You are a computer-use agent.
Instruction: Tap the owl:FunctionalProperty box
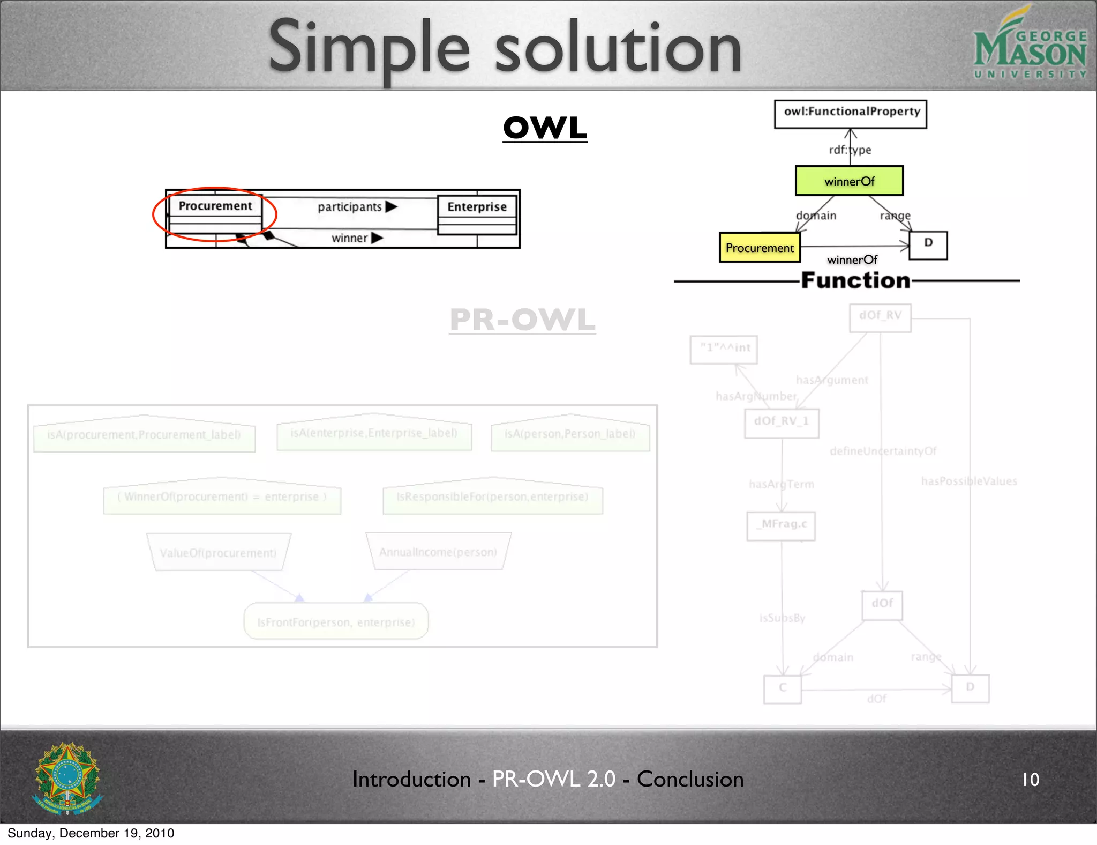850,114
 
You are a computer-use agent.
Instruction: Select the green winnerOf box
849,181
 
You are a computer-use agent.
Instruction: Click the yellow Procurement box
760,248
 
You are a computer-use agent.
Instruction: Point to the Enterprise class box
477,214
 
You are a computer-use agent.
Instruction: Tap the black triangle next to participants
392,206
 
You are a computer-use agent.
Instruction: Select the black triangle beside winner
377,238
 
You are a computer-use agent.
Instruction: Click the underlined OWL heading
545,128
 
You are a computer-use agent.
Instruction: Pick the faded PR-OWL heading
522,320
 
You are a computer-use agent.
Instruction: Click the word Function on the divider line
855,280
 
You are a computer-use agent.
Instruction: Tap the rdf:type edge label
850,150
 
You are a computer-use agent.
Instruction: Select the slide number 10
1030,780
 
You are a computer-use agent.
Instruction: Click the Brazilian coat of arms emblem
67,779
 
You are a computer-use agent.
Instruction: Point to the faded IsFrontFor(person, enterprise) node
336,621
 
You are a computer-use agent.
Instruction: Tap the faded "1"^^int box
724,349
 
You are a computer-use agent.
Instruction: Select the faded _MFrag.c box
781,525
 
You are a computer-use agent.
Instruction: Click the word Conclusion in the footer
690,779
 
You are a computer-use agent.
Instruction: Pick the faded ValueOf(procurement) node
218,552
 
